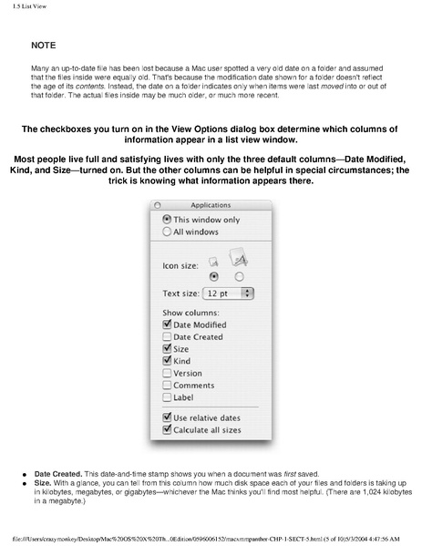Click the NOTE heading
tap(43, 45)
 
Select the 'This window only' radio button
tap(166, 220)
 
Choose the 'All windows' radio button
tap(166, 232)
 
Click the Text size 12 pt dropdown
tap(230, 294)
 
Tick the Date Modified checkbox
tap(167, 325)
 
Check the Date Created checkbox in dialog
tap(167, 337)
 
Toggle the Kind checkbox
tap(167, 361)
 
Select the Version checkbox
tap(167, 373)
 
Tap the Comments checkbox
tap(167, 385)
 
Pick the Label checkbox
tap(167, 397)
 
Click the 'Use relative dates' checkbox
tap(167, 417)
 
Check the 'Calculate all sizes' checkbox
tap(167, 429)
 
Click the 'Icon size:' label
tap(180, 267)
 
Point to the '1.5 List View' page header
tap(22, 7)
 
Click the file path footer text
tap(211, 539)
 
